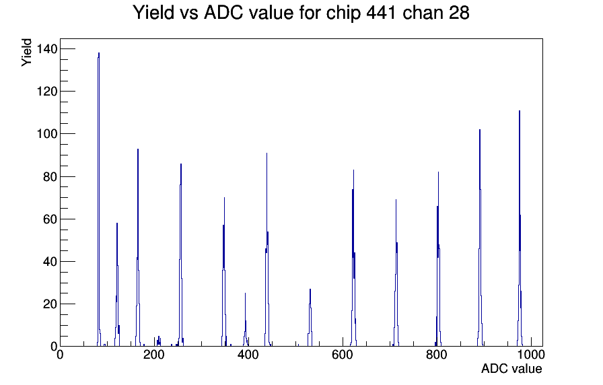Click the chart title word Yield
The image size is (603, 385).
click(153, 13)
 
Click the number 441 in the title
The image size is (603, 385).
click(381, 13)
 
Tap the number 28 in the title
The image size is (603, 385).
click(458, 13)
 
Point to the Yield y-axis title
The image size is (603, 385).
click(26, 53)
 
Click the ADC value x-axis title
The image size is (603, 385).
click(511, 368)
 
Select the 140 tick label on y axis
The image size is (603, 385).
click(47, 49)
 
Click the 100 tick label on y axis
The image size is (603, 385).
click(47, 134)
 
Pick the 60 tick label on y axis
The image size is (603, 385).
click(50, 219)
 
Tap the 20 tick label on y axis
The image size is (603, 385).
click(50, 304)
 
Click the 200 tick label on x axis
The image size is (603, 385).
click(154, 355)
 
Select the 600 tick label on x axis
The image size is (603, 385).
click(343, 355)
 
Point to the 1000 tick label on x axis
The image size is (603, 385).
click(531, 355)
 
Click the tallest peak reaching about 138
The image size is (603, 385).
click(99, 53)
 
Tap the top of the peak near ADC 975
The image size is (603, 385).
click(520, 111)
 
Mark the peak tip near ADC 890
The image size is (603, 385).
click(480, 130)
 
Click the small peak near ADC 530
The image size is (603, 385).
click(310, 289)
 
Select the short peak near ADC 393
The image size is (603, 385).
click(245, 293)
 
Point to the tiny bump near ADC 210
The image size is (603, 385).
click(158, 337)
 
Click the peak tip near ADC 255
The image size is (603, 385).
click(181, 164)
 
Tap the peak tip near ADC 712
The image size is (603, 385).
click(396, 200)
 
